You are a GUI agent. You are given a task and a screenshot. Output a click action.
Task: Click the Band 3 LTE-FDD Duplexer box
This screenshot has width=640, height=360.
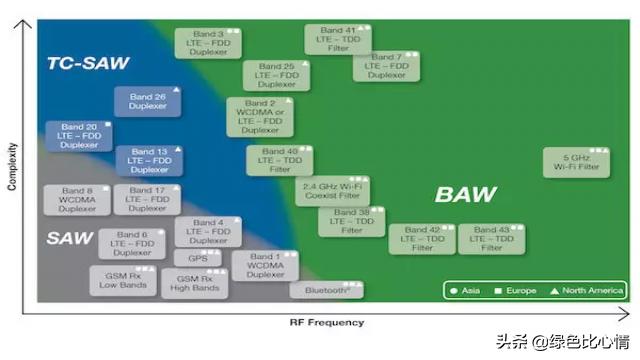208,42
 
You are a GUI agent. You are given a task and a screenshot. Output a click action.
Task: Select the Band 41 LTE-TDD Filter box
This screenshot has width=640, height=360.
337,39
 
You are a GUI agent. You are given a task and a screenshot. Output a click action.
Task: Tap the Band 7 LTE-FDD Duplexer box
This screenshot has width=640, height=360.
386,66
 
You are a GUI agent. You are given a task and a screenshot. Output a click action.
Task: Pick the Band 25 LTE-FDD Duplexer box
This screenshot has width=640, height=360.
276,76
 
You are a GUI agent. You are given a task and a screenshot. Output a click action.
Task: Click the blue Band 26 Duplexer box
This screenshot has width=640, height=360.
147,102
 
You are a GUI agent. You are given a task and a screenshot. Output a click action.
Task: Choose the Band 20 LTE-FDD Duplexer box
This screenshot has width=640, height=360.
79,136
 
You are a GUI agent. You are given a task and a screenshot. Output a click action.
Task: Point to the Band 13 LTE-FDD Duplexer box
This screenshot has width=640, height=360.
149,160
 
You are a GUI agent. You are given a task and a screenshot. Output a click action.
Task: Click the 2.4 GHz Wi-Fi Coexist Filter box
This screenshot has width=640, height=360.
330,191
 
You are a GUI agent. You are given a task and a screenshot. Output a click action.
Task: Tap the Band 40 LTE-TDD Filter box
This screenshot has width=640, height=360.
280,160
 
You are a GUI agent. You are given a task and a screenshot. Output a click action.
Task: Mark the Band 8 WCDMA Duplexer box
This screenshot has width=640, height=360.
76,199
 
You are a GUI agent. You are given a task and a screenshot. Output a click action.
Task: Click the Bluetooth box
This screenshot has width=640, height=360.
326,290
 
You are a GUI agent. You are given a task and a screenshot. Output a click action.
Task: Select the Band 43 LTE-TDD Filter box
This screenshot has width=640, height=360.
492,238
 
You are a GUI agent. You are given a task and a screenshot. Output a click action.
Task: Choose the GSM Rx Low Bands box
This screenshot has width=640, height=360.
123,279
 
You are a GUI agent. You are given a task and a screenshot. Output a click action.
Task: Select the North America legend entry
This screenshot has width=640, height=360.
589,291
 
